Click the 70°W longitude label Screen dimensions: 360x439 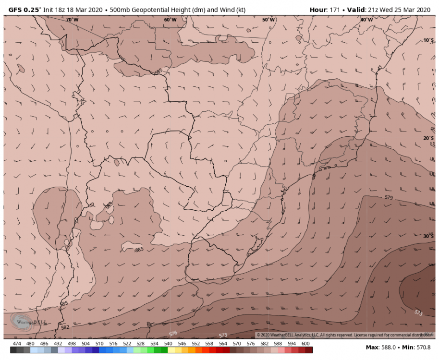click(x=72, y=20)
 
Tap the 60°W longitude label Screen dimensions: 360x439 click(x=170, y=20)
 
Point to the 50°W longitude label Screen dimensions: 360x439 click(x=268, y=20)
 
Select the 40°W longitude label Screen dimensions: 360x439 click(x=366, y=20)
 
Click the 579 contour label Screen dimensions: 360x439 click(x=389, y=197)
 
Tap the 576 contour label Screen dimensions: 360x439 click(x=173, y=333)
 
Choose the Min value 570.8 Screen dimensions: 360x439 click(x=422, y=347)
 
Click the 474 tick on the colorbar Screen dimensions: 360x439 click(x=17, y=344)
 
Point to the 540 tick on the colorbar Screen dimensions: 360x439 click(x=168, y=344)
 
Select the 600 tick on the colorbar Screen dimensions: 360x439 click(x=305, y=344)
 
